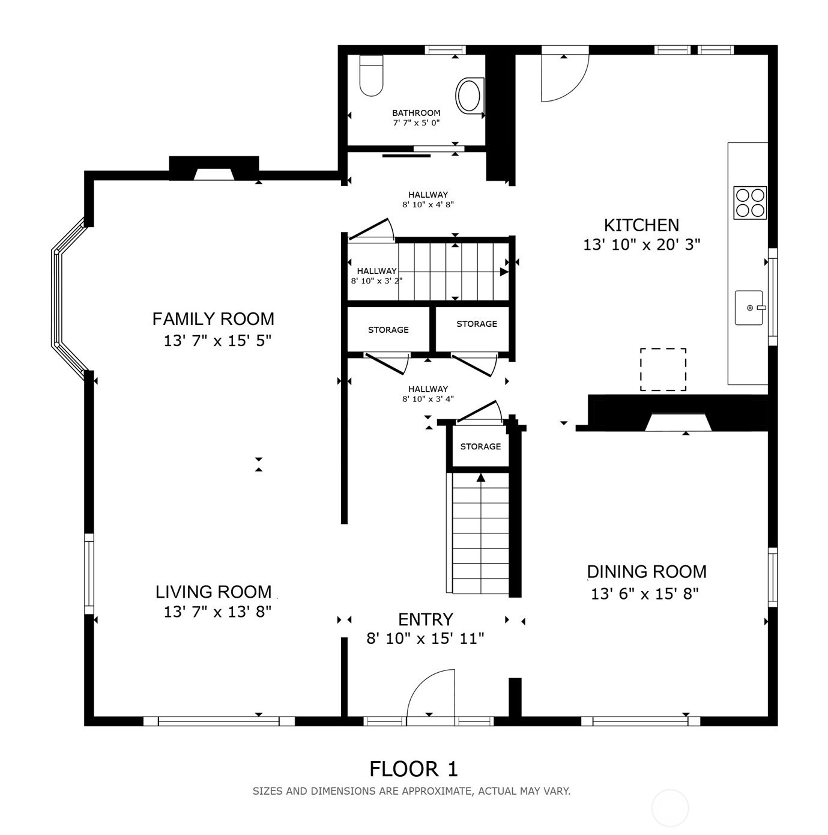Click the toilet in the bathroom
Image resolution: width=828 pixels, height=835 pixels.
tap(371, 76)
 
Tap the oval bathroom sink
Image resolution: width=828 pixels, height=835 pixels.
tap(469, 96)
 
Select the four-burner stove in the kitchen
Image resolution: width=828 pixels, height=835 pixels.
tap(750, 202)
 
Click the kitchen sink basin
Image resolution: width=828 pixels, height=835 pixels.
tap(749, 307)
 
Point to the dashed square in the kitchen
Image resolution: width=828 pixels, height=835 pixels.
tap(663, 369)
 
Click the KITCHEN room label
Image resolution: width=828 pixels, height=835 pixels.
tap(641, 225)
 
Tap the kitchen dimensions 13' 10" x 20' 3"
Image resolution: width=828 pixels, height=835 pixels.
tap(641, 245)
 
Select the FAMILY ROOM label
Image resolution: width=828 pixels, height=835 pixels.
tap(213, 319)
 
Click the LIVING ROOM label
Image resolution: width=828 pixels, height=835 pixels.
tap(213, 592)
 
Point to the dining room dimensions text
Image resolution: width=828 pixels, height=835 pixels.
tap(645, 593)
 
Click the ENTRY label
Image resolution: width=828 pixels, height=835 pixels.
tap(426, 619)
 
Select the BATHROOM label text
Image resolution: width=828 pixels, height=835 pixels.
tap(416, 113)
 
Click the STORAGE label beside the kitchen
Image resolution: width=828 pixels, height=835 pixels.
tap(477, 324)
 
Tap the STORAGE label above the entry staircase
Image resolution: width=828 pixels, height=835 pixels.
tap(480, 446)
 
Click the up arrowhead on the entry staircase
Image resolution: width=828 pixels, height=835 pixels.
tap(480, 478)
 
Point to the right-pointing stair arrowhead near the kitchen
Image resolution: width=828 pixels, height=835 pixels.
tap(504, 272)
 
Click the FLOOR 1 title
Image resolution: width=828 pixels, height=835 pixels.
tap(413, 769)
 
